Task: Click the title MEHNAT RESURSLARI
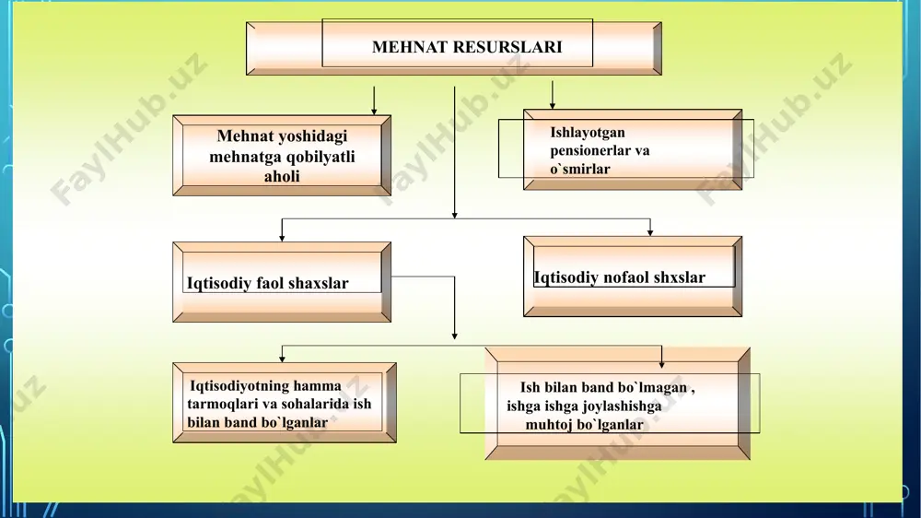[467, 47]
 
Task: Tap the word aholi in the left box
[282, 176]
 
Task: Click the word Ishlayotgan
[588, 133]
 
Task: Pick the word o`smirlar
[579, 169]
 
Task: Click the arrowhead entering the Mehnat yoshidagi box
[374, 112]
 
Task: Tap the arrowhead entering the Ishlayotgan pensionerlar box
[552, 105]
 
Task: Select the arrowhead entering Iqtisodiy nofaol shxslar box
[649, 232]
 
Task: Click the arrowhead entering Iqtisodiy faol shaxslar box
[282, 238]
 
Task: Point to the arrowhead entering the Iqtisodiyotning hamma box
[282, 358]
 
